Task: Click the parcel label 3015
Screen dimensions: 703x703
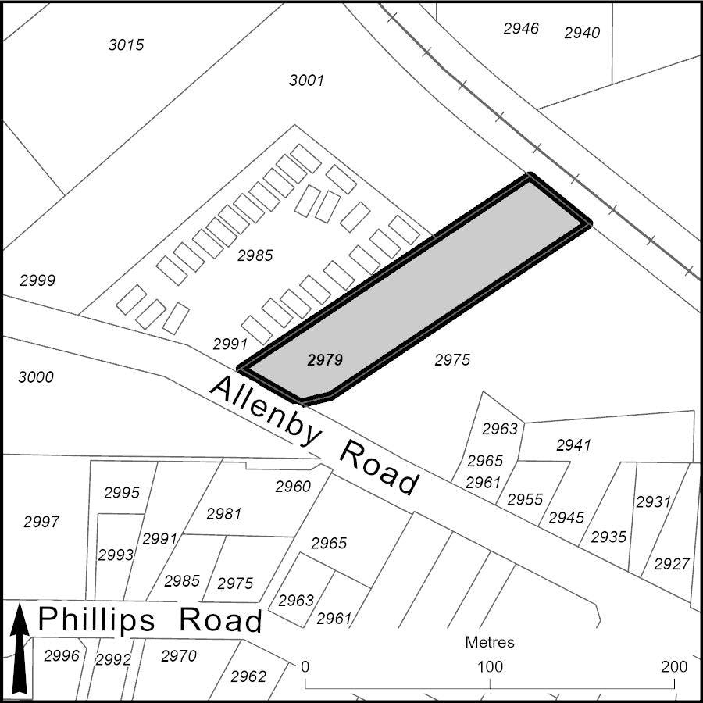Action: (126, 45)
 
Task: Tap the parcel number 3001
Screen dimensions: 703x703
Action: (306, 80)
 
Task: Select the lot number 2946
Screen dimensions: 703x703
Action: (521, 28)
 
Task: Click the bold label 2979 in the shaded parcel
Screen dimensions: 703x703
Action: (325, 360)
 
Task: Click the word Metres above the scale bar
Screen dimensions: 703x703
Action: (490, 642)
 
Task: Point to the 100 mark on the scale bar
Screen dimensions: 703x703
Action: (490, 667)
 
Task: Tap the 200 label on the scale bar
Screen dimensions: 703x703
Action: (673, 667)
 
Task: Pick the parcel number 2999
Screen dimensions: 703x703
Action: (37, 280)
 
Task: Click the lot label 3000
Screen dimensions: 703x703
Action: (36, 377)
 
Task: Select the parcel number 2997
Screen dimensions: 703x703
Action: (41, 522)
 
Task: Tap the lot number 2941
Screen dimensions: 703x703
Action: (573, 445)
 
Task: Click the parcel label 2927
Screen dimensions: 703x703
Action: (672, 564)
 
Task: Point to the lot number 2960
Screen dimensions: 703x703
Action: (293, 487)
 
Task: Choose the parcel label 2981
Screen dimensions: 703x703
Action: (223, 514)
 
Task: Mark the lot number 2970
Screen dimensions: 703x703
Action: (179, 656)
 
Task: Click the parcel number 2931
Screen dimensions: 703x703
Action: (653, 501)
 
